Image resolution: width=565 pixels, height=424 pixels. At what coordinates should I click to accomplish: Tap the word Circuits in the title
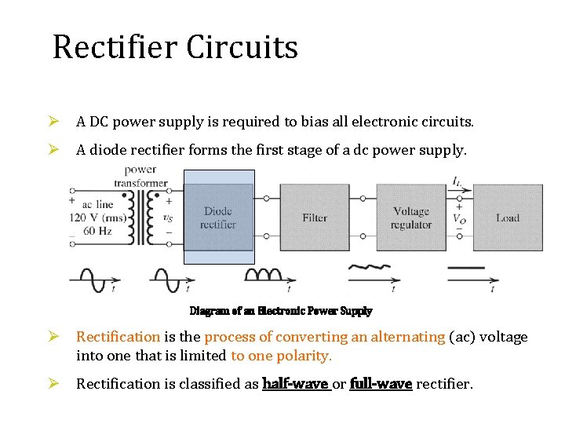point(242,47)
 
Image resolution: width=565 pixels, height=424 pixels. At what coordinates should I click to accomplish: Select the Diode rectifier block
point(218,217)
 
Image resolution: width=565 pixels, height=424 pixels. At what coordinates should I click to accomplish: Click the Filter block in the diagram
point(315,217)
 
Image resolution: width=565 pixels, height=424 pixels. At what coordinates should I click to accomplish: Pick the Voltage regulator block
point(411,217)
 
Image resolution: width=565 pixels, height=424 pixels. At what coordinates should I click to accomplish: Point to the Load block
point(508,217)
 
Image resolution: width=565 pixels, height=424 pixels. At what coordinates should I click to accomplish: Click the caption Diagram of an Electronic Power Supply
point(281,311)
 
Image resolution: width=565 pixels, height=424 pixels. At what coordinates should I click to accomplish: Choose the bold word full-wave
point(381,384)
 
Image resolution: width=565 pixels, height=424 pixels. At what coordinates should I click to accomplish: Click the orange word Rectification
point(118,337)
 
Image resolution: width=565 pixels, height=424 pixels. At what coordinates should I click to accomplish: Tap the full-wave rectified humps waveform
point(265,275)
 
